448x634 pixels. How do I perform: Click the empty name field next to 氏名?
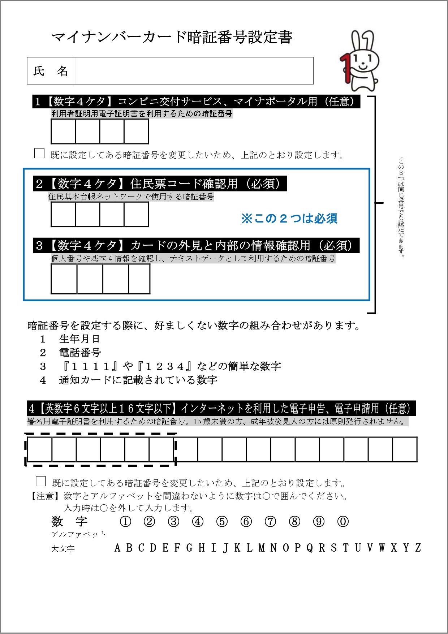click(194, 71)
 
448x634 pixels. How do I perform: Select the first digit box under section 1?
click(63, 131)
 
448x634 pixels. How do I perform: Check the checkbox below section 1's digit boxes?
click(39, 153)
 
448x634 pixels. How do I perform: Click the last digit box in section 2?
click(136, 214)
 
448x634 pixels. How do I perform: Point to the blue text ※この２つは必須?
click(289, 219)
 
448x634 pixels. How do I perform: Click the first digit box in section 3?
click(64, 279)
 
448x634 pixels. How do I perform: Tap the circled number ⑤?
click(222, 522)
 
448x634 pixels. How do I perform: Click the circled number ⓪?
click(343, 522)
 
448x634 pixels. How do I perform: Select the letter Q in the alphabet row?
click(310, 548)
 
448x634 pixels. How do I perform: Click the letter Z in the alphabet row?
click(418, 548)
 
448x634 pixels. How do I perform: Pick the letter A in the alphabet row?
click(117, 548)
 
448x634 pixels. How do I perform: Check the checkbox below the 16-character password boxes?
click(41, 481)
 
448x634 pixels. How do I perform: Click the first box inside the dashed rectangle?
click(40, 449)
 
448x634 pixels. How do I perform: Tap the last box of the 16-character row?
click(405, 449)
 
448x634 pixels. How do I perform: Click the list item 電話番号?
click(80, 353)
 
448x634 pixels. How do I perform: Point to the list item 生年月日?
click(79, 339)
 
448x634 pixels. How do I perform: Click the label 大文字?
click(63, 549)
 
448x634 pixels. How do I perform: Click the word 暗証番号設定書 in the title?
click(235, 37)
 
